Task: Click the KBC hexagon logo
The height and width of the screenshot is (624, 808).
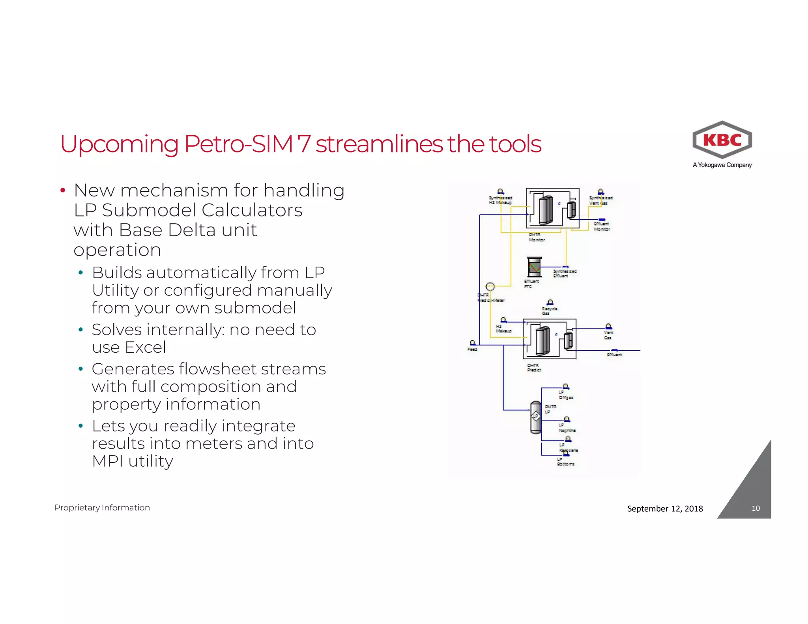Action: click(x=722, y=140)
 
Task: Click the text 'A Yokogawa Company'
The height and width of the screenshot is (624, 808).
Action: click(x=722, y=165)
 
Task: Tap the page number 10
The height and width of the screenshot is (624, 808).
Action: click(x=756, y=508)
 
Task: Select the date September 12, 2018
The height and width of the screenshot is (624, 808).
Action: click(x=665, y=508)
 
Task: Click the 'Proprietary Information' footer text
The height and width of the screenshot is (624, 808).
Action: click(x=102, y=508)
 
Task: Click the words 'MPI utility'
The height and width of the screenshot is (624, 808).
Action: click(x=133, y=461)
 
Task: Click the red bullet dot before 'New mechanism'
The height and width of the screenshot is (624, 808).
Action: click(x=62, y=191)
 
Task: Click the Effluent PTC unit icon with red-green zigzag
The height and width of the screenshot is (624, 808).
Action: click(x=534, y=267)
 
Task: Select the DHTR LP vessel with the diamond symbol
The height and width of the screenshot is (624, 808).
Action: click(x=536, y=417)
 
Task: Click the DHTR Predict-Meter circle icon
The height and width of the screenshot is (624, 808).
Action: click(x=490, y=286)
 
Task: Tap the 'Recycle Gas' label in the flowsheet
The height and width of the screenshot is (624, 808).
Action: click(x=549, y=311)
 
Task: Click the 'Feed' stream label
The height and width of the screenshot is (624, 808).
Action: click(x=472, y=349)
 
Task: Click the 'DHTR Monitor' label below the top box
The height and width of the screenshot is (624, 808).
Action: click(x=537, y=237)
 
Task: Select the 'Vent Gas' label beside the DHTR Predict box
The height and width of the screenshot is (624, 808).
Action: click(x=608, y=335)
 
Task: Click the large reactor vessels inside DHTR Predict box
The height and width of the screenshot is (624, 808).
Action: click(x=542, y=340)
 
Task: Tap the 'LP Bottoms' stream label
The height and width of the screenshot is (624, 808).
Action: click(x=565, y=462)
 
